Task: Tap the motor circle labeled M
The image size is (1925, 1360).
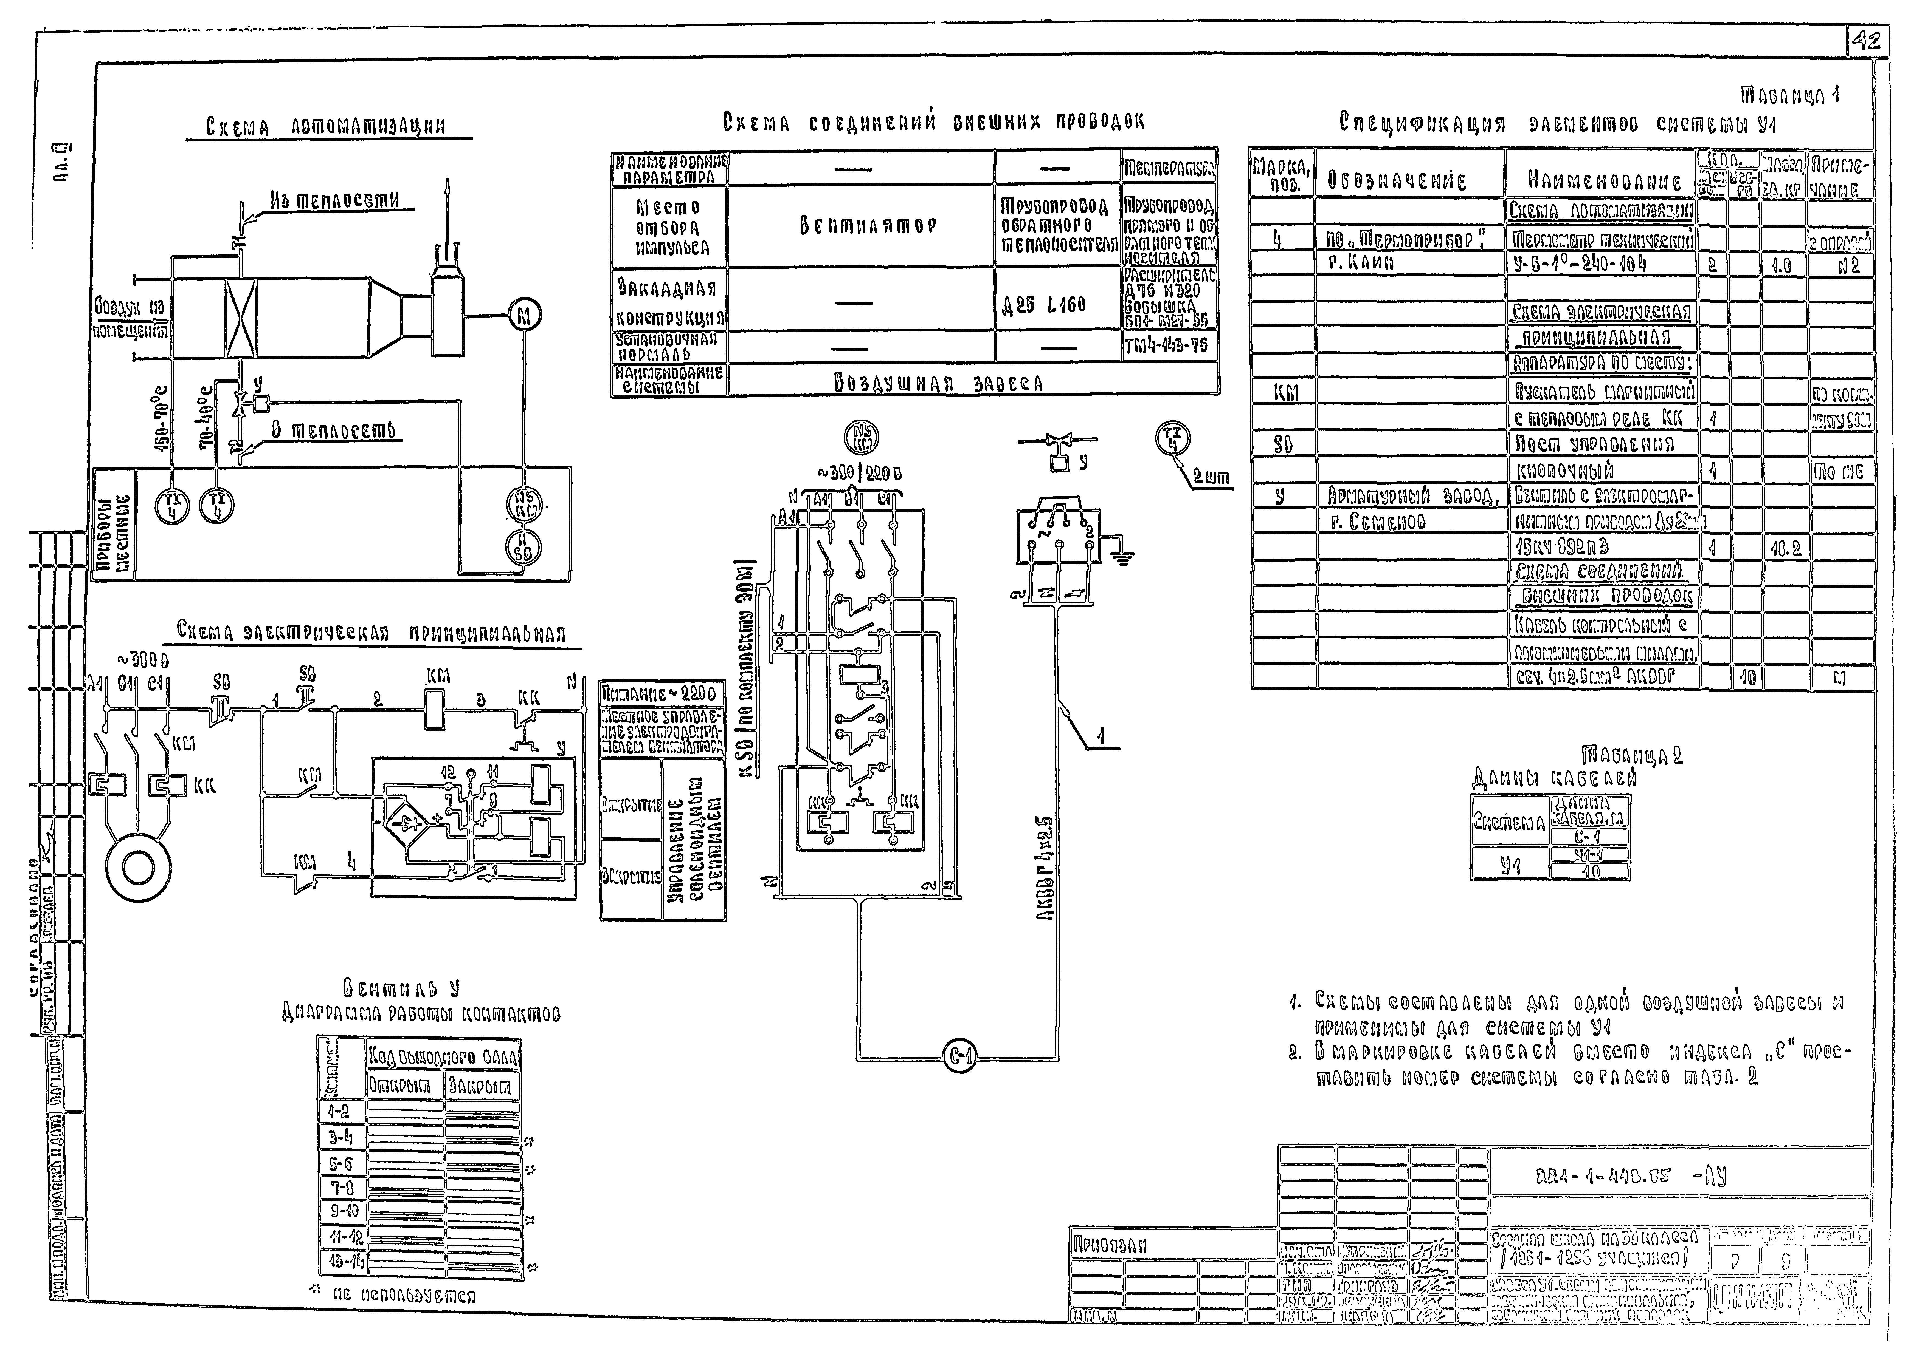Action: pos(525,316)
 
